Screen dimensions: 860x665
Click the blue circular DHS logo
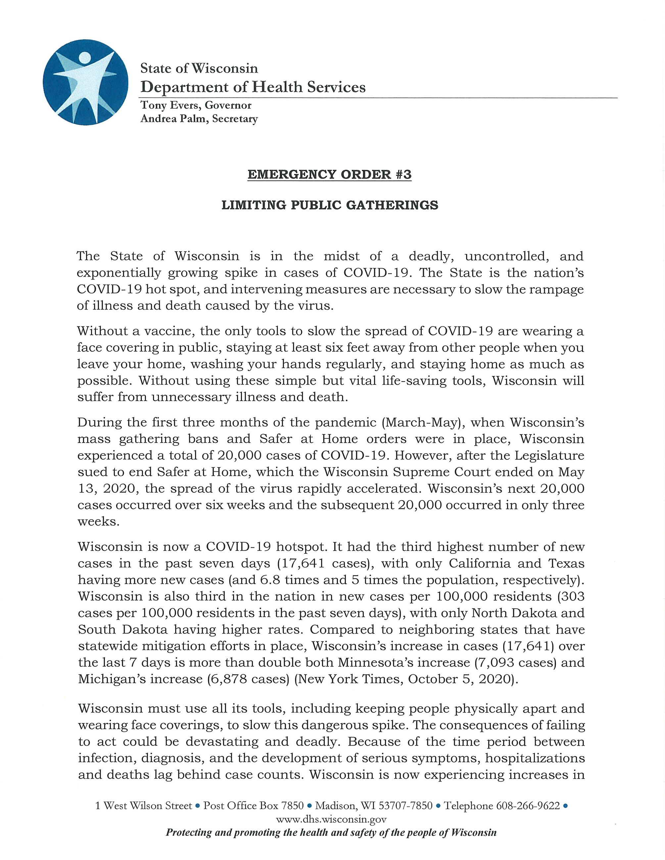click(x=85, y=82)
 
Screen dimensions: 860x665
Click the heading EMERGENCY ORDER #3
click(x=329, y=174)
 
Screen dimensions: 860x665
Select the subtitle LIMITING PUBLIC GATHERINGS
click(x=330, y=205)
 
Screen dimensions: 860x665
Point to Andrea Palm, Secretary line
click(x=199, y=118)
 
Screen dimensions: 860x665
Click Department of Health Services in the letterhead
click(x=253, y=87)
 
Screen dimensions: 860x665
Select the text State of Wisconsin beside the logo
click(x=199, y=68)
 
